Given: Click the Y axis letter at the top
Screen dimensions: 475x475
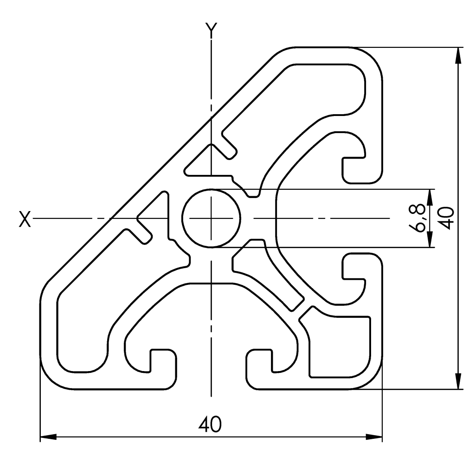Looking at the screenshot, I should pos(211,30).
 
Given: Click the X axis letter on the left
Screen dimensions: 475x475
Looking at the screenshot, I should pos(25,218).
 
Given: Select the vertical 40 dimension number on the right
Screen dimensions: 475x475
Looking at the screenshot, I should pos(446,218).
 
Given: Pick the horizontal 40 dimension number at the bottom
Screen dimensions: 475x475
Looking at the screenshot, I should pos(211,424).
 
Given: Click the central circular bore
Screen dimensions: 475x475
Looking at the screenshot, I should pos(212,218).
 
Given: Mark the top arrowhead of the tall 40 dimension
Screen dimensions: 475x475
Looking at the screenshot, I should pos(458,56).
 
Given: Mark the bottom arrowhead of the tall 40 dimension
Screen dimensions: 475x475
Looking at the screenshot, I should pos(458,380).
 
